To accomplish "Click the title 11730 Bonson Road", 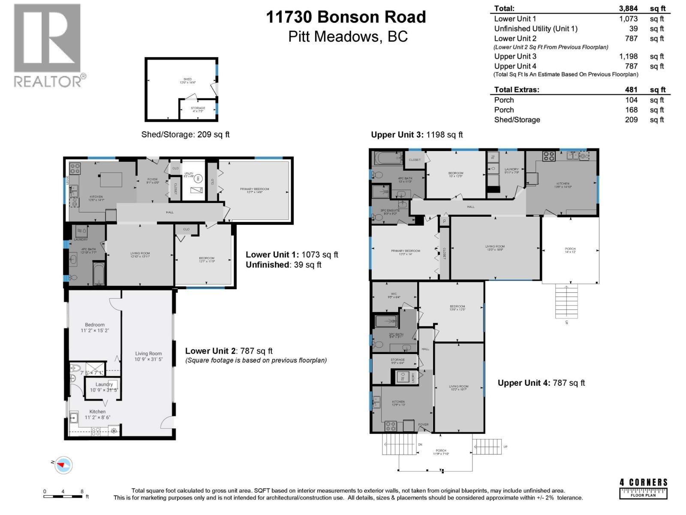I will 346,17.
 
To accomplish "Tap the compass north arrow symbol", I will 63,465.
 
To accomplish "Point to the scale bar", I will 63,497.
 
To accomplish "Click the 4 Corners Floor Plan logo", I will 643,488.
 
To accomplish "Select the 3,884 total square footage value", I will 628,8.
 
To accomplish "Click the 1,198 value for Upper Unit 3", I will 628,56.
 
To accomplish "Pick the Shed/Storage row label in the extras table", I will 517,120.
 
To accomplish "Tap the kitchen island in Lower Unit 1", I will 111,179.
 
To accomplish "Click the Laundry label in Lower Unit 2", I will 104,385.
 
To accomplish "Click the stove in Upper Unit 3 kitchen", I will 549,156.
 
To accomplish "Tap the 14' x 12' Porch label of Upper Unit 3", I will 570,250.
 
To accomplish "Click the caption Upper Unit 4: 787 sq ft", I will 541,383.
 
